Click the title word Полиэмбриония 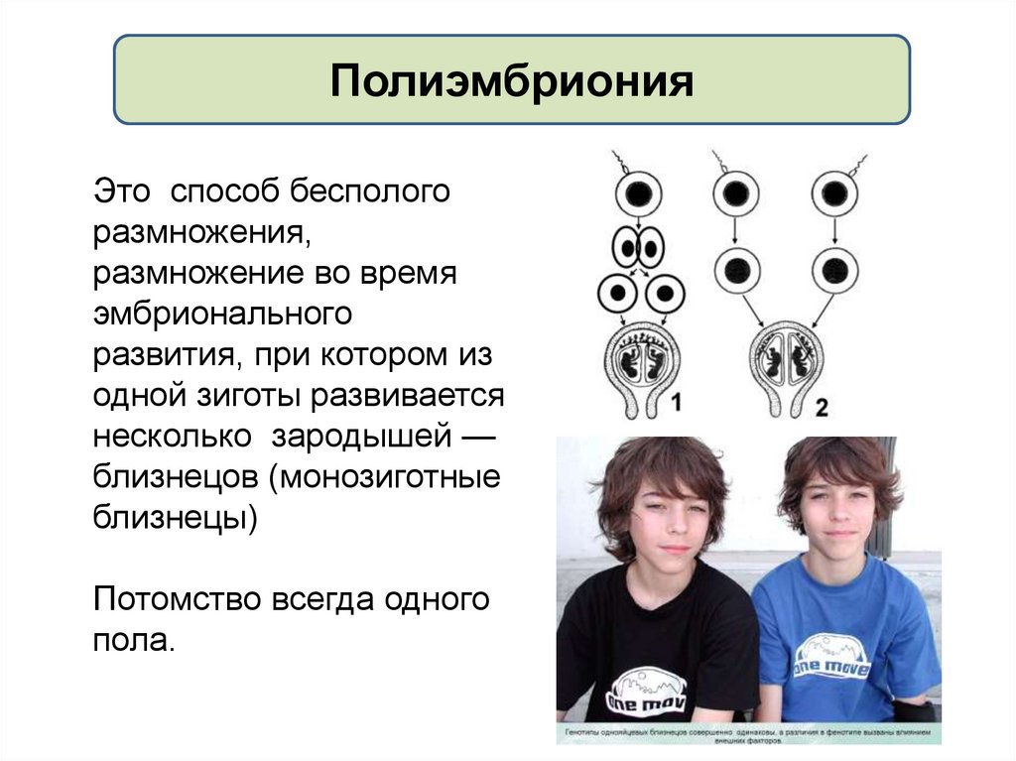pos(511,80)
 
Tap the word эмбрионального pos(223,315)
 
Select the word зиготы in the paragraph pos(257,396)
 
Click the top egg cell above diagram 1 pos(638,192)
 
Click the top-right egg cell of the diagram pos(835,192)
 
